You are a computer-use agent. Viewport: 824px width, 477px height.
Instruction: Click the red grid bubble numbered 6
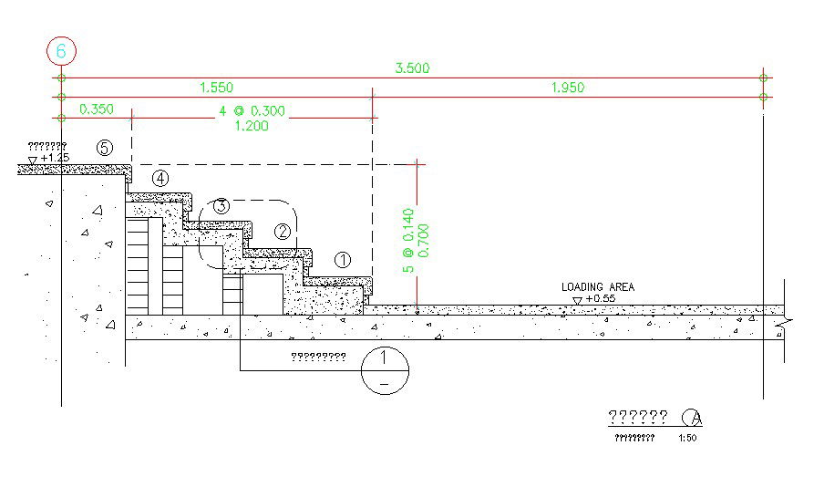click(x=61, y=51)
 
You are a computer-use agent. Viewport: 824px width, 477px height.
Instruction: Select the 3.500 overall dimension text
click(x=412, y=67)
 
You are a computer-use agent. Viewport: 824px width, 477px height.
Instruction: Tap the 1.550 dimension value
click(x=216, y=88)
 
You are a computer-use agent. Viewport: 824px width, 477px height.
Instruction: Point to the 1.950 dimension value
click(x=567, y=88)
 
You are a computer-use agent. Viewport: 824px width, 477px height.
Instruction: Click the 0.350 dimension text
click(x=97, y=109)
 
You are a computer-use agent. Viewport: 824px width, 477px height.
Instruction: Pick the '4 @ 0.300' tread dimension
click(x=252, y=111)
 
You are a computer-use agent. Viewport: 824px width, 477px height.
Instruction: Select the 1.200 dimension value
click(x=252, y=126)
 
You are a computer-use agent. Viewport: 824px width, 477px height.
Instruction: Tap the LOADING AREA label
click(x=597, y=287)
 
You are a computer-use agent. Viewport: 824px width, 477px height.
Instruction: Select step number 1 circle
click(x=343, y=259)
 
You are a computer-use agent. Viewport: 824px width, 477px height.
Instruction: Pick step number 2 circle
click(x=283, y=232)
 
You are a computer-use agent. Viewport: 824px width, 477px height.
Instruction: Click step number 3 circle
click(x=221, y=206)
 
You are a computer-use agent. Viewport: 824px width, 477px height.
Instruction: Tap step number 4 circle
click(x=160, y=179)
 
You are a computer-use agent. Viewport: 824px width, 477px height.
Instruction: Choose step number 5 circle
click(x=105, y=147)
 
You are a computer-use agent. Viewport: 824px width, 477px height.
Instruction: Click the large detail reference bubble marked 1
click(x=385, y=370)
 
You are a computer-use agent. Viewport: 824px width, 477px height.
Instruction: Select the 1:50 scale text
click(x=687, y=438)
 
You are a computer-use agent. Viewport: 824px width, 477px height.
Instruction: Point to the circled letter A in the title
click(x=694, y=418)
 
